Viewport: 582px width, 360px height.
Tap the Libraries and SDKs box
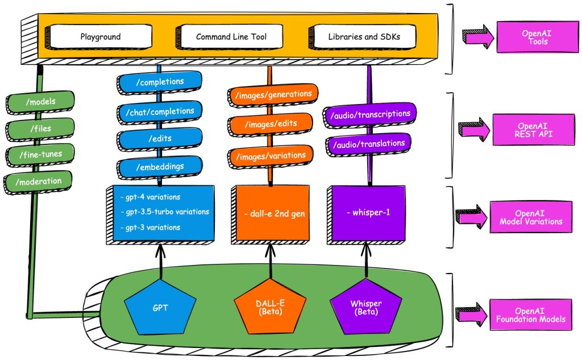coord(363,37)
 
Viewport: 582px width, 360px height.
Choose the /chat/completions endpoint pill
coord(161,111)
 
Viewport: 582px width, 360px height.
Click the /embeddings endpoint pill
coord(161,166)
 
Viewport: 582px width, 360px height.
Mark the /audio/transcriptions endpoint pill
coord(371,114)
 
